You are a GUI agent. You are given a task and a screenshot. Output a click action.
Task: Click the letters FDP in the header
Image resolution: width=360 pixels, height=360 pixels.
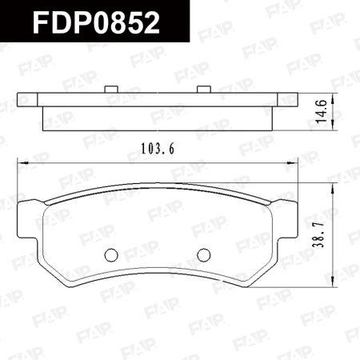[x=61, y=22]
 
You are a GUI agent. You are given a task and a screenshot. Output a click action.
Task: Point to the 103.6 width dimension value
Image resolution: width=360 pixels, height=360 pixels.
[x=157, y=148]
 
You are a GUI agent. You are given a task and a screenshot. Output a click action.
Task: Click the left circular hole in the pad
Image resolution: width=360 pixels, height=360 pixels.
[x=112, y=254]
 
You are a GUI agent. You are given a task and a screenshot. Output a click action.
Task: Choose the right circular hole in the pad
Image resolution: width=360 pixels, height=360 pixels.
[x=203, y=254]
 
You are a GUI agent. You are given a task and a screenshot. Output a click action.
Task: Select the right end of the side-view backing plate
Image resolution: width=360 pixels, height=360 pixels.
[x=294, y=101]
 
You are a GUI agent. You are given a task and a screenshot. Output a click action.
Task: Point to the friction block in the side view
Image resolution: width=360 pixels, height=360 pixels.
[x=157, y=119]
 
